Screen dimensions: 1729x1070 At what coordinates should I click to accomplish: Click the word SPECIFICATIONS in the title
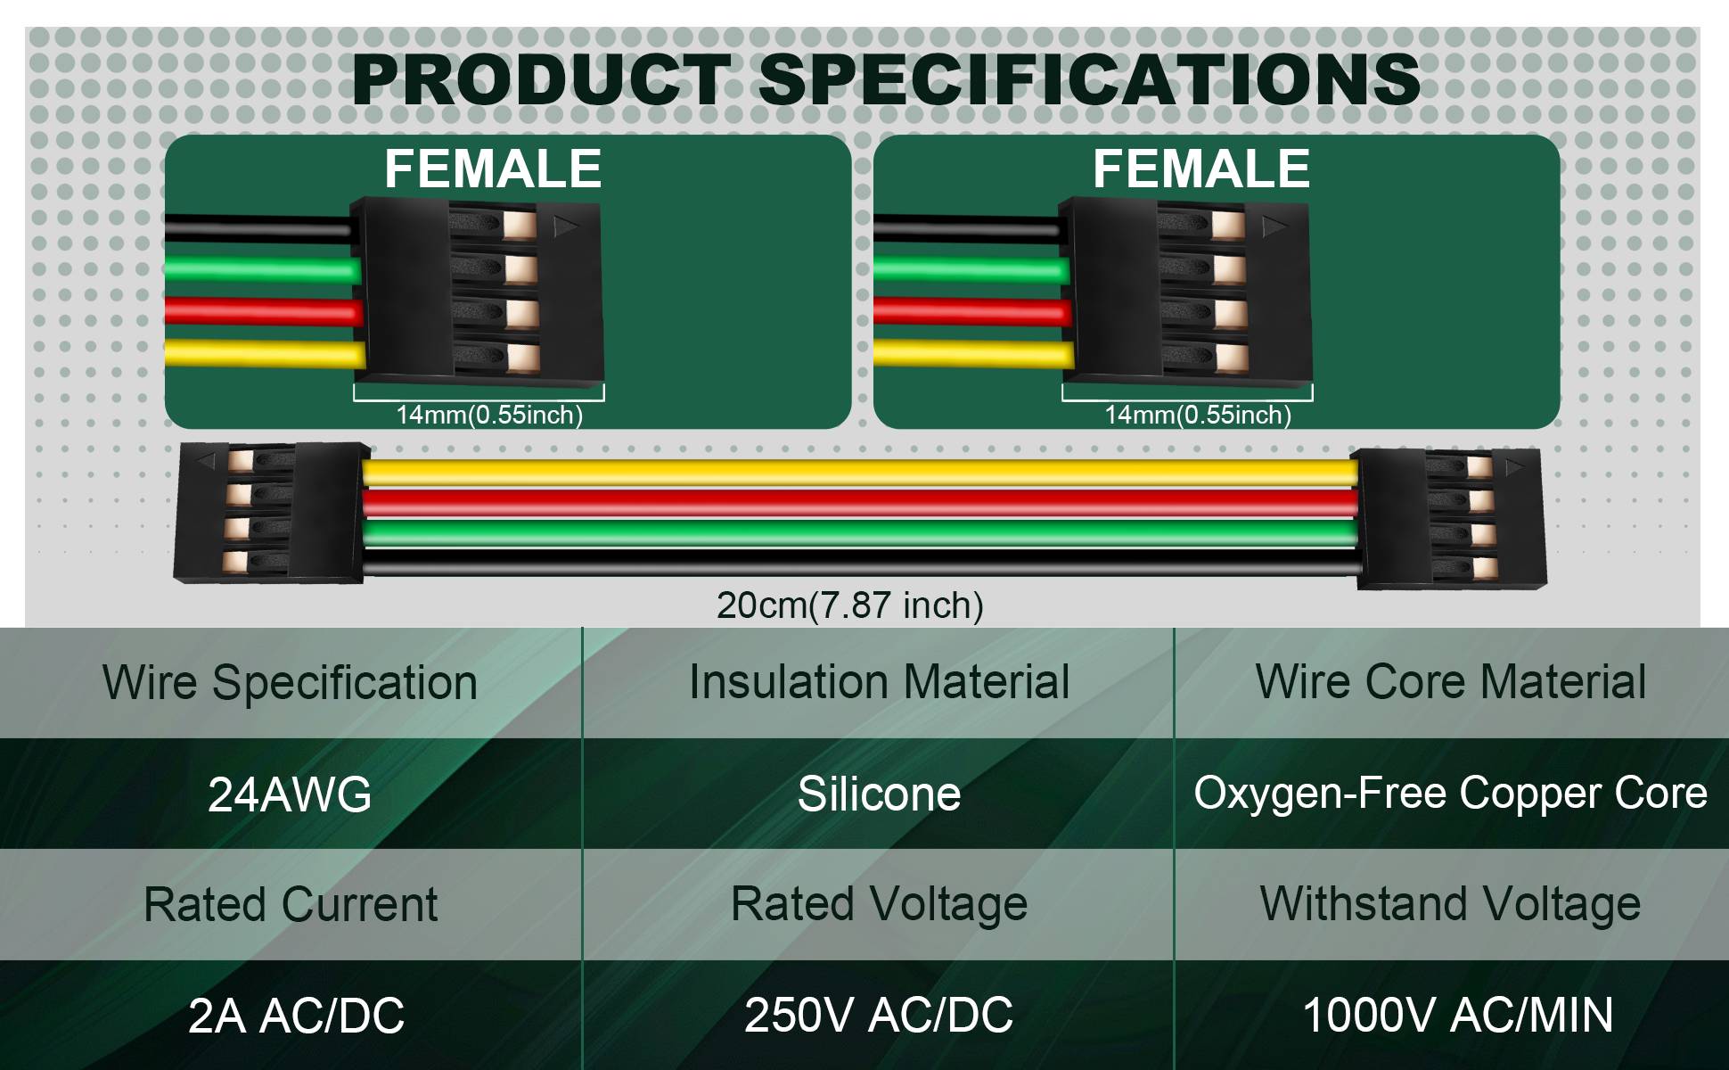(1089, 79)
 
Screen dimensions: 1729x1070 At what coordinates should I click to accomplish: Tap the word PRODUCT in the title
(541, 79)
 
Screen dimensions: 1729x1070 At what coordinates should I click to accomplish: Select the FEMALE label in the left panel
(493, 169)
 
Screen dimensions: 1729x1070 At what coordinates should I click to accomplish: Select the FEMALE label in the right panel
(1201, 169)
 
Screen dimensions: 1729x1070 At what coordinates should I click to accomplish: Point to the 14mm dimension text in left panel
(489, 415)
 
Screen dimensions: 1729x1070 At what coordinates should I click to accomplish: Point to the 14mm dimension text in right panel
(1198, 415)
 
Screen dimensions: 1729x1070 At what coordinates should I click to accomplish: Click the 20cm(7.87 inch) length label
(850, 605)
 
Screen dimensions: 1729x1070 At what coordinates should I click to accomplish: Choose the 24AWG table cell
(290, 794)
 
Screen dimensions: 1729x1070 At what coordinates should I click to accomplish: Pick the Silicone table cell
(879, 794)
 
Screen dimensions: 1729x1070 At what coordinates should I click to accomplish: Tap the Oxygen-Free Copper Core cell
(1450, 793)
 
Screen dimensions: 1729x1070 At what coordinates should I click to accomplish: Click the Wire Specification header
(290, 683)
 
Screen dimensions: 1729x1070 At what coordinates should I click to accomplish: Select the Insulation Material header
(879, 682)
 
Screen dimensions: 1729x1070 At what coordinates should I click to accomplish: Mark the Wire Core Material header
(1450, 682)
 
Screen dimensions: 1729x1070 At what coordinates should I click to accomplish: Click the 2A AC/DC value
(296, 1015)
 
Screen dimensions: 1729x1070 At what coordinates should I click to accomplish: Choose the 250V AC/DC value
(879, 1015)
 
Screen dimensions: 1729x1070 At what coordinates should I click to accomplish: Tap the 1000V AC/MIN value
(1458, 1015)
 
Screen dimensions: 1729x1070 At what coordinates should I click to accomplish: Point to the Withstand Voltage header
(1450, 904)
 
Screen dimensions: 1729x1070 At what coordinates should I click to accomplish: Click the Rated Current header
(290, 904)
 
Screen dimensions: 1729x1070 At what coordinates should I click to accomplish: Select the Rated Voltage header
(879, 904)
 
